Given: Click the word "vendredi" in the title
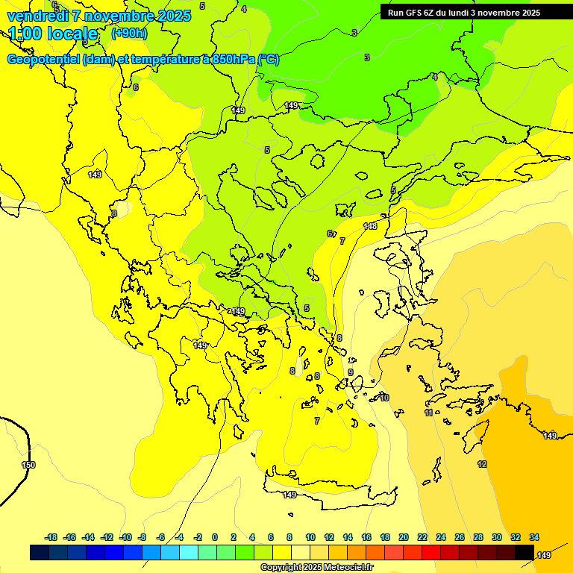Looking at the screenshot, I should [37, 16].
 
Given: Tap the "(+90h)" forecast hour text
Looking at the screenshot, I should [129, 33].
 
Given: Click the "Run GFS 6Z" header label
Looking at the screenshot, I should [415, 13].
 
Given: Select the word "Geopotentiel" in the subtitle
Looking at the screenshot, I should [43, 60].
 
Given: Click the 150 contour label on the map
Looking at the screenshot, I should [28, 465].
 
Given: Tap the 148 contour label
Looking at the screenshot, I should [370, 226].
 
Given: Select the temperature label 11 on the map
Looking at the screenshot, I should [429, 413].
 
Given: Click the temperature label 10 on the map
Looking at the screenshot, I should [384, 398].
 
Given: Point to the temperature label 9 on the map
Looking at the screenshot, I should [350, 372].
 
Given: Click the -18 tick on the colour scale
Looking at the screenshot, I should [51, 537].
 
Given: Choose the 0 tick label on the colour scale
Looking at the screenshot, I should [215, 537].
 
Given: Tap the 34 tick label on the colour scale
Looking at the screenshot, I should [534, 537].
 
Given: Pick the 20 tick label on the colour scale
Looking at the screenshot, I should [404, 537].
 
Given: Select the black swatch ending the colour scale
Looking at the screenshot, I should [525, 552].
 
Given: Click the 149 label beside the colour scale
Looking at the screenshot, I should [544, 555].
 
